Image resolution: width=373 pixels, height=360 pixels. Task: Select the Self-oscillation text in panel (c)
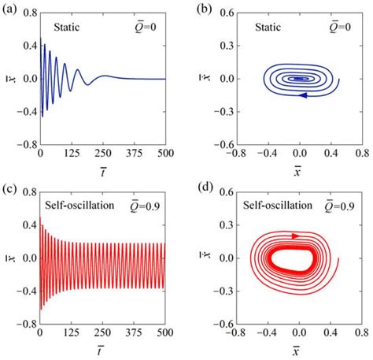pos(79,206)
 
